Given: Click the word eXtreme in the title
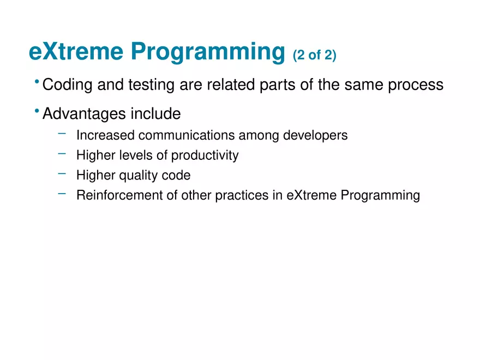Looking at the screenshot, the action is [x=76, y=51].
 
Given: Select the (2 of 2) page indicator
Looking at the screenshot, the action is [x=314, y=56].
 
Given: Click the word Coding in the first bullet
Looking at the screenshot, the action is [x=67, y=85].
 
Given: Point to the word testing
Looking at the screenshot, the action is [x=151, y=85].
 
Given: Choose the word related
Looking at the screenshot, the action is [x=231, y=85].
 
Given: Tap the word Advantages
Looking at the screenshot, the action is [x=84, y=114].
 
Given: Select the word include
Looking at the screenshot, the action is [x=156, y=113].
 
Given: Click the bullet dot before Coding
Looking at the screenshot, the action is [x=37, y=82].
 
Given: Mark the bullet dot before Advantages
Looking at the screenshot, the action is [x=37, y=111].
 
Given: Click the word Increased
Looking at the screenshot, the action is [x=105, y=135].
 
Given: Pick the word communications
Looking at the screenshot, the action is [x=187, y=135].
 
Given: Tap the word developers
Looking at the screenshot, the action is [x=315, y=136].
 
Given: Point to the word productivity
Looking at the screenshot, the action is [x=205, y=155].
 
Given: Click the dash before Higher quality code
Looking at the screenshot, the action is [x=62, y=173].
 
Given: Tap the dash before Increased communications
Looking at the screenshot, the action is [x=62, y=134].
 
